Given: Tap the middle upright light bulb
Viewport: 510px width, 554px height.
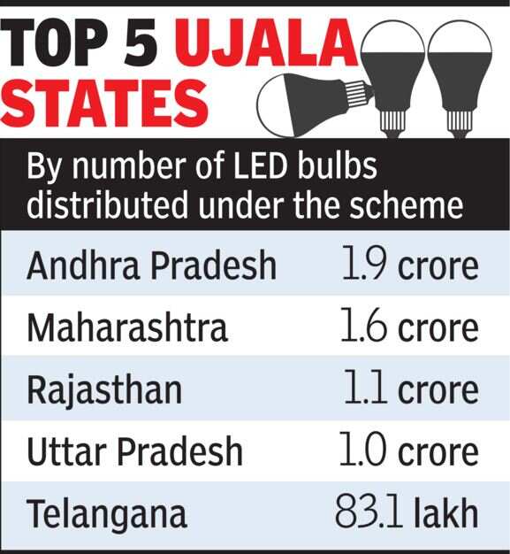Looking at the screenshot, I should coord(392,72).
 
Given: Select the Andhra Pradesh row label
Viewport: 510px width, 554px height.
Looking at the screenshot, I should coord(151,265).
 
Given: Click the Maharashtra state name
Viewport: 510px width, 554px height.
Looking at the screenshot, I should coord(127,327).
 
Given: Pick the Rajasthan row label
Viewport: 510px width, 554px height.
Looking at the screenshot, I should coord(104,389).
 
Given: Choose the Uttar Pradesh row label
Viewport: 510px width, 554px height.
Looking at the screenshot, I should coord(134,451).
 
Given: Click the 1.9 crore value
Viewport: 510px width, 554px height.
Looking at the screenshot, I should coord(409,265).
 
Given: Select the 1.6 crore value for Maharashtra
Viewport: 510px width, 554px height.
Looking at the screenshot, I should coord(409,327).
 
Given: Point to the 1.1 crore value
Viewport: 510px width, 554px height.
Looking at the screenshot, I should coord(409,389).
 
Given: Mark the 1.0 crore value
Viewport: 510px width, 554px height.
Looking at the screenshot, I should coord(409,451).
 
